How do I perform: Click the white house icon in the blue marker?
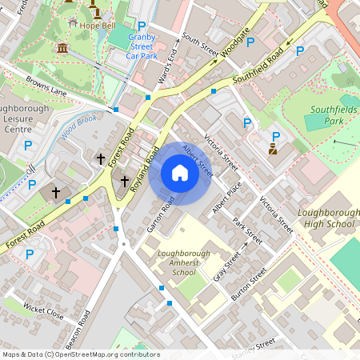pos(180,173)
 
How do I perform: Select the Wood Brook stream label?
pos(78,124)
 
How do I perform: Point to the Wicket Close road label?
pos(43,310)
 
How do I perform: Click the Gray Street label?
pos(227,266)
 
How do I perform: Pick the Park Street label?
pos(247,229)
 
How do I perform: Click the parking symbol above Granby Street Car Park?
pos(142,26)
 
